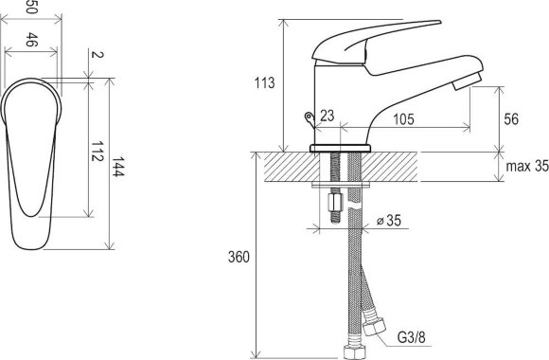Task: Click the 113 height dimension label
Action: click(x=265, y=83)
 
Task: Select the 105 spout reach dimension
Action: click(x=403, y=119)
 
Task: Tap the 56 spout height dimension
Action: click(x=511, y=119)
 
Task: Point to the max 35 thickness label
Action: click(x=527, y=166)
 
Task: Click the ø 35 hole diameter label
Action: click(x=389, y=221)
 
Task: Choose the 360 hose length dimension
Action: click(x=239, y=257)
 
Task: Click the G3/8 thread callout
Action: click(x=412, y=337)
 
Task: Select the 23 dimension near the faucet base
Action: click(x=328, y=116)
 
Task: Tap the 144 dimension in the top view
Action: click(x=118, y=167)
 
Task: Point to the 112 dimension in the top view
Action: click(x=97, y=151)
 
